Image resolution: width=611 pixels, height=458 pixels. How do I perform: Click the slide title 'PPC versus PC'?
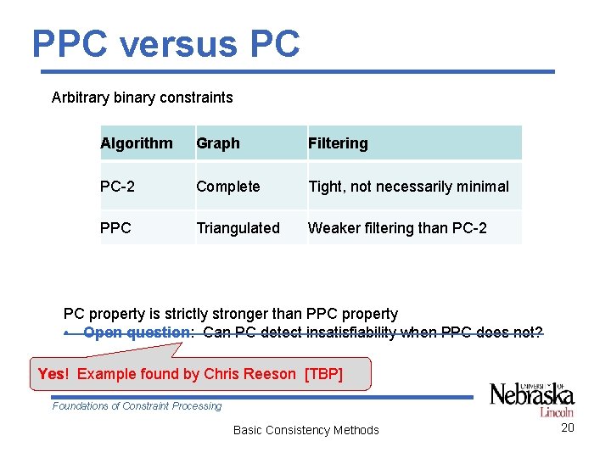click(x=166, y=43)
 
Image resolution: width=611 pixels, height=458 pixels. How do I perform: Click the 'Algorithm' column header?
click(x=136, y=143)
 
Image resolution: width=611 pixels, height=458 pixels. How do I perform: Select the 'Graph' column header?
click(x=218, y=143)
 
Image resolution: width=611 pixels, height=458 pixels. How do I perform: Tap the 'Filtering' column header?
click(x=338, y=143)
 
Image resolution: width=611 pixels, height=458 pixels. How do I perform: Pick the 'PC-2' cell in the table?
click(x=117, y=187)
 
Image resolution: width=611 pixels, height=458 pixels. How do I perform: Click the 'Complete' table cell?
click(x=228, y=187)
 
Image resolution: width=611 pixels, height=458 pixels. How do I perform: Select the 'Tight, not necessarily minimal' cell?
click(x=408, y=187)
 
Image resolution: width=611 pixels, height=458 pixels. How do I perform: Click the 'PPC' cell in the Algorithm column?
click(x=115, y=228)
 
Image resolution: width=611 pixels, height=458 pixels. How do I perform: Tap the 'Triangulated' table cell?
click(x=238, y=228)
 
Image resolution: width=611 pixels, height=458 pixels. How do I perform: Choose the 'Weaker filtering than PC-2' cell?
click(x=397, y=228)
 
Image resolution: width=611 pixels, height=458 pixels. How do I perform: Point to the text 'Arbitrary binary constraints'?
click(x=142, y=98)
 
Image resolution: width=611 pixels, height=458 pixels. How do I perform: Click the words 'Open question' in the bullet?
click(x=138, y=332)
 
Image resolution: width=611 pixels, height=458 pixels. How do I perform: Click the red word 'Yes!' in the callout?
click(x=53, y=374)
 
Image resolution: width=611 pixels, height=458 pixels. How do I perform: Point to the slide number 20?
click(x=568, y=427)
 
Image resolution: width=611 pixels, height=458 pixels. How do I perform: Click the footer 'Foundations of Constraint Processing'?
click(x=137, y=406)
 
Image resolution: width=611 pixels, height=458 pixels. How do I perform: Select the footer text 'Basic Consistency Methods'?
click(x=305, y=430)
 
